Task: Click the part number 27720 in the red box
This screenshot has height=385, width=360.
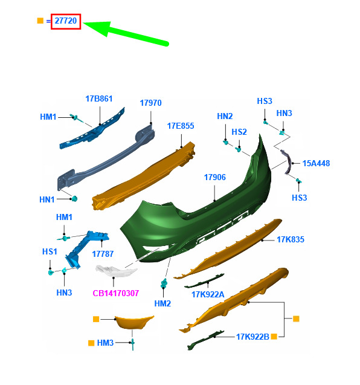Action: point(65,21)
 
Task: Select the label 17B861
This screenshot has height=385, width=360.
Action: point(99,99)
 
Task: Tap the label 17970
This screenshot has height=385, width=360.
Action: point(150,103)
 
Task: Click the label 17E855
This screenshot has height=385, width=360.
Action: point(181,126)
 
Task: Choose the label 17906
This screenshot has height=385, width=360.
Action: point(214,177)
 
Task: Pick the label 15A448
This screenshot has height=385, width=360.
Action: point(316,163)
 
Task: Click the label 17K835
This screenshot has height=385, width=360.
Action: point(291,239)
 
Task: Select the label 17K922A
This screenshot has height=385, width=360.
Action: point(208,294)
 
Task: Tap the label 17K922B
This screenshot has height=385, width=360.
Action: point(252,337)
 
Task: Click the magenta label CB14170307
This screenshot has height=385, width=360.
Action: point(116,293)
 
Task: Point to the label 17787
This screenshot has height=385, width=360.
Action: point(103,254)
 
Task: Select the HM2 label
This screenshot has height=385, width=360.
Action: point(162,304)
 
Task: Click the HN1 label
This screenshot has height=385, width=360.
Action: point(47,199)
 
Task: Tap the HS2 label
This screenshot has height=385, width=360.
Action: point(239,132)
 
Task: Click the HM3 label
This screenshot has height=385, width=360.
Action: point(105,343)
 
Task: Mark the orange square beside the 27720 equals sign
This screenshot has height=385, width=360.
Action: point(40,21)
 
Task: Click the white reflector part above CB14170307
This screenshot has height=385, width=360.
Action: point(116,270)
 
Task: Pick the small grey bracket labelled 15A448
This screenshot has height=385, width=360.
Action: point(286,161)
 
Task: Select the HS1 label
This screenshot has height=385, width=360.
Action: point(50,251)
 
